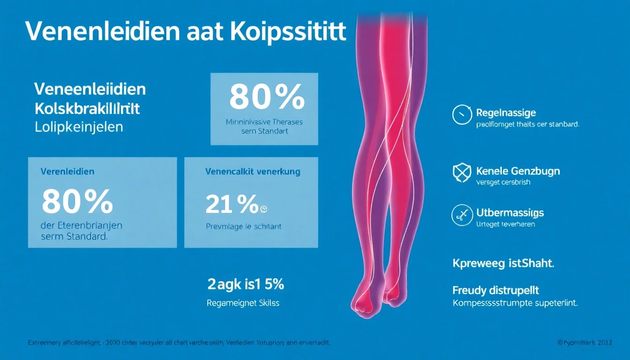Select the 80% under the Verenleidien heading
click(77, 202)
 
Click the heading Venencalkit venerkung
click(253, 172)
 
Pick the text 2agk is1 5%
click(246, 284)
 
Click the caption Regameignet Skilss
click(243, 303)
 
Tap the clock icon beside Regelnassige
click(462, 115)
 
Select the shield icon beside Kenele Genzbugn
click(462, 173)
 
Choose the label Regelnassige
click(506, 112)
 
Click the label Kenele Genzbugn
click(517, 171)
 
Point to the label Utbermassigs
click(510, 213)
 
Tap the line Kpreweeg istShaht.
click(503, 263)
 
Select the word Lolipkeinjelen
click(79, 127)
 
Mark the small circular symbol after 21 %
click(263, 210)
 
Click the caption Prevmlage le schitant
click(243, 226)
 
